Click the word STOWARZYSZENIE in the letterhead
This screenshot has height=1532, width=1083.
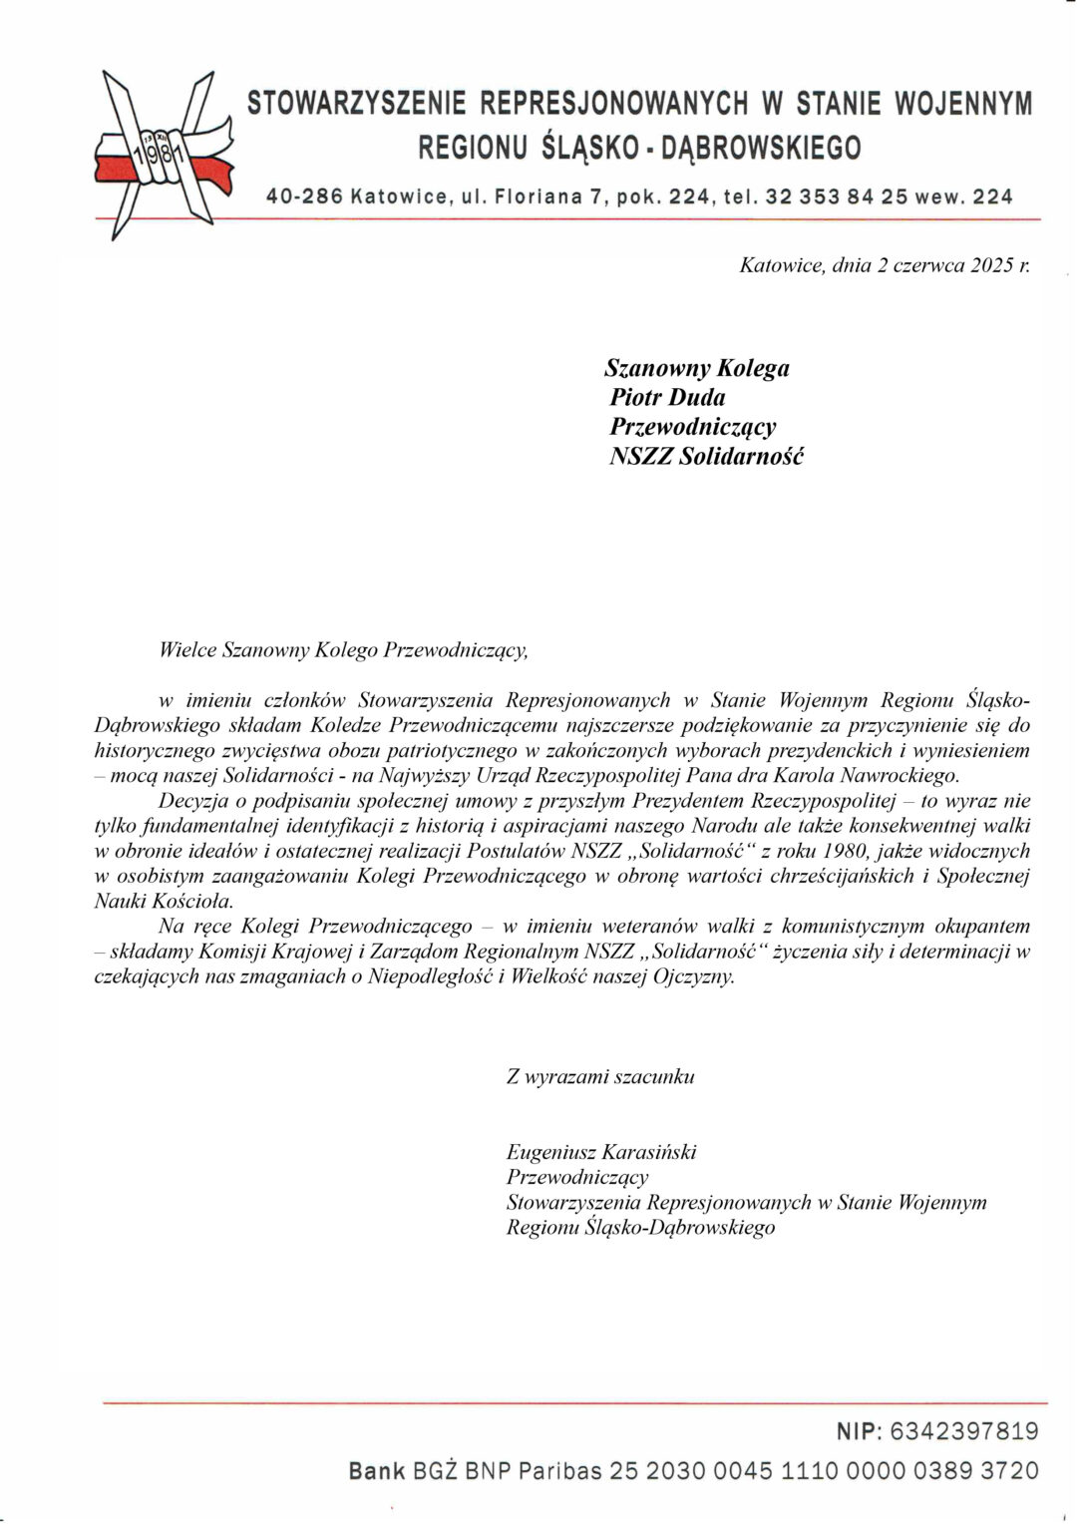coord(357,103)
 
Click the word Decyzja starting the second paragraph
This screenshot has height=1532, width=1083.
coord(191,801)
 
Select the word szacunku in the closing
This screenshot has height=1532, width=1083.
coord(656,1076)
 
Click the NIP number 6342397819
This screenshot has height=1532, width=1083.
coord(962,1432)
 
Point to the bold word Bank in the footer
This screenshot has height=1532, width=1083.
coord(377,1470)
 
